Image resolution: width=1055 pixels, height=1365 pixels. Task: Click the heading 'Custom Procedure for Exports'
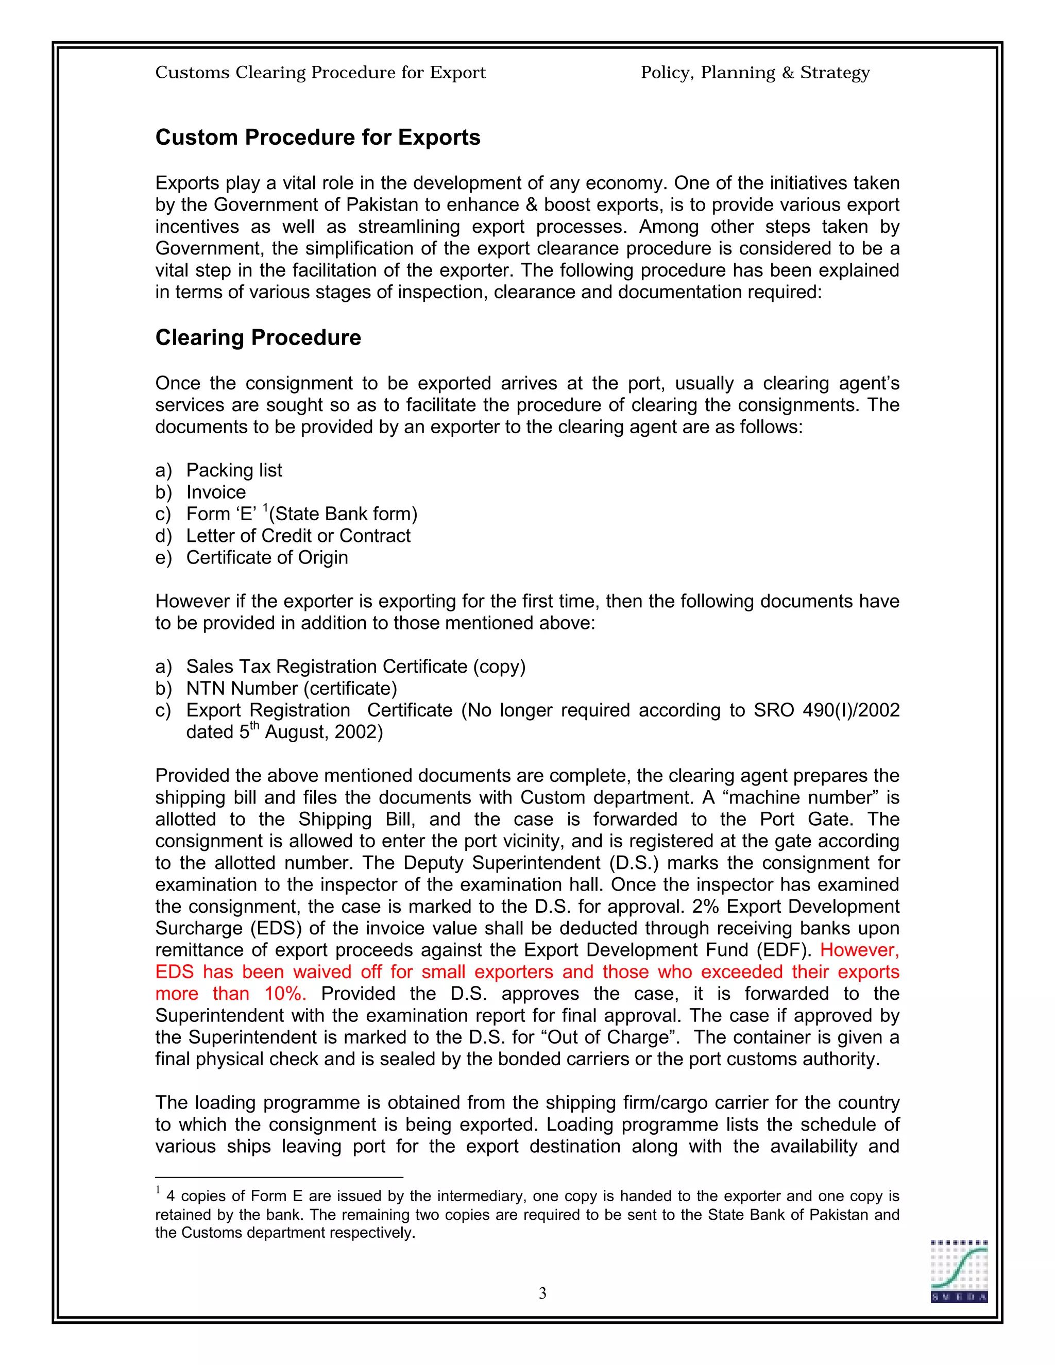(317, 138)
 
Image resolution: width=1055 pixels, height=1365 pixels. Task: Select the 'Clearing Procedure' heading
(258, 337)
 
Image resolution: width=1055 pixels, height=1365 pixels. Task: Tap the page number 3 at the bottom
(542, 1293)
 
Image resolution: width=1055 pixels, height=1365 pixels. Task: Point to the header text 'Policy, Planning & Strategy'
(755, 73)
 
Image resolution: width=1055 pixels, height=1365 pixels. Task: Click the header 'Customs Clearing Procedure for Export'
(320, 73)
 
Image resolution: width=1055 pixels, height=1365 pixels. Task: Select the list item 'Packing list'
(234, 470)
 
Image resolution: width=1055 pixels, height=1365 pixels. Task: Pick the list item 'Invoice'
(216, 492)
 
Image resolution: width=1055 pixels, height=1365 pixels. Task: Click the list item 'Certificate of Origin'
(267, 557)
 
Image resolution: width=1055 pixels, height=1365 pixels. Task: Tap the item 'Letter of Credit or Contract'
(298, 536)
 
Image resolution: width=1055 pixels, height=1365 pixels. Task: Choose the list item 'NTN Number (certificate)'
(291, 688)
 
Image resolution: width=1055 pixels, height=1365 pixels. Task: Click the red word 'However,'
(859, 950)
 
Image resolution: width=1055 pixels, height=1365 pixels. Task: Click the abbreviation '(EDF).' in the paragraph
(784, 950)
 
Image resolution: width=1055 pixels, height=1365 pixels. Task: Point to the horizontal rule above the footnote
(279, 1178)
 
